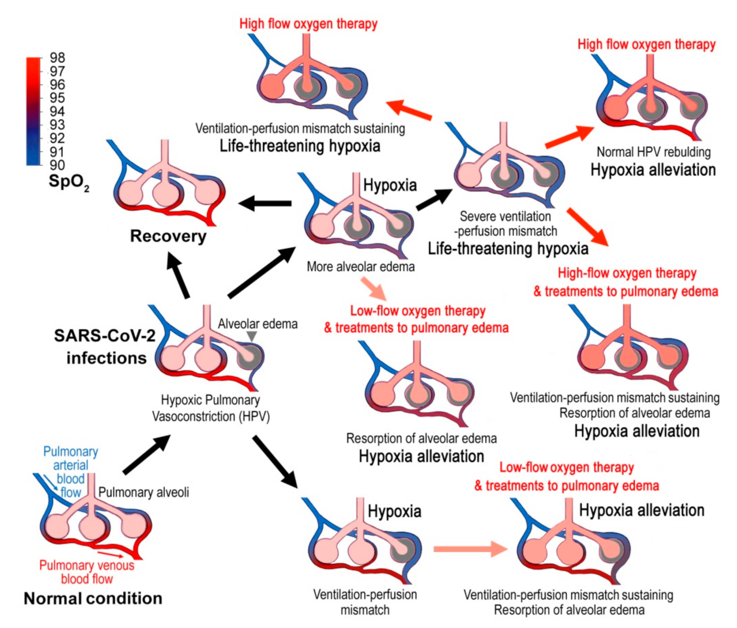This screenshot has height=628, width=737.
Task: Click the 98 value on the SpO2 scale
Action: [57, 58]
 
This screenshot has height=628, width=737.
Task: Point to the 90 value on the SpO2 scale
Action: [57, 165]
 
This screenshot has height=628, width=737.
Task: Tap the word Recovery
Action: [168, 236]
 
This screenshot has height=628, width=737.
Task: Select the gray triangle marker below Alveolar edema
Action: [252, 337]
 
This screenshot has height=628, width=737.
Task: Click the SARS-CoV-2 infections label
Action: [105, 347]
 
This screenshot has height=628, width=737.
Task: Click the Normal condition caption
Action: [93, 598]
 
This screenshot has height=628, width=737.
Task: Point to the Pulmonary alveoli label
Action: [144, 493]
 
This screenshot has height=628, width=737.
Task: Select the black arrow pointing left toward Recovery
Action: [265, 203]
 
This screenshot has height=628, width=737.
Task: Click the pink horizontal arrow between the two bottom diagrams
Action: [470, 549]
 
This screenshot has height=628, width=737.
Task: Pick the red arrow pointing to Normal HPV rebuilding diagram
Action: [569, 137]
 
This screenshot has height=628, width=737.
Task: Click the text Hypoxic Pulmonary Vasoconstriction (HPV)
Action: [211, 408]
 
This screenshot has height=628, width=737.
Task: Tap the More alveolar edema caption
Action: [360, 267]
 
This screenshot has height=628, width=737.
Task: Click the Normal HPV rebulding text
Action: [654, 152]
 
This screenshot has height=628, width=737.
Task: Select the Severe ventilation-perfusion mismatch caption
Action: [505, 224]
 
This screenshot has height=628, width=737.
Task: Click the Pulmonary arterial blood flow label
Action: [70, 472]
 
